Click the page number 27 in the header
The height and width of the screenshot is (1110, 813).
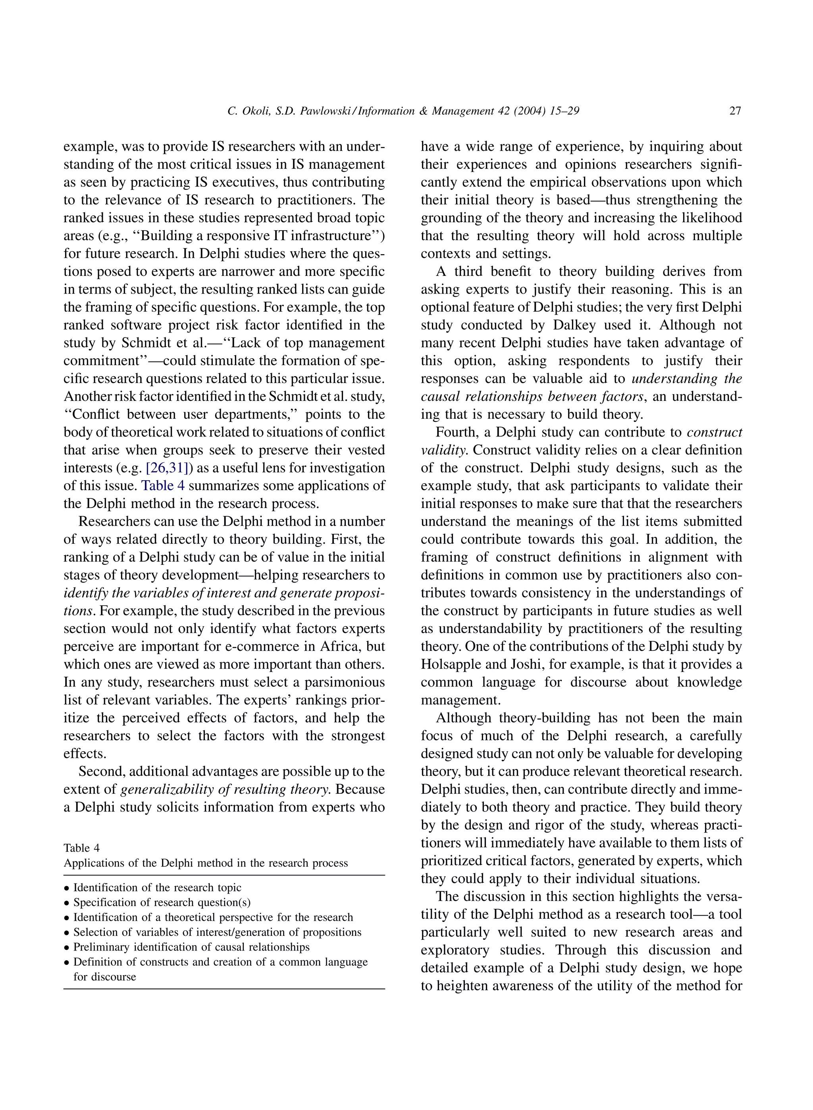pyautogui.click(x=735, y=111)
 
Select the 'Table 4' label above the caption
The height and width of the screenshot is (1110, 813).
pyautogui.click(x=82, y=848)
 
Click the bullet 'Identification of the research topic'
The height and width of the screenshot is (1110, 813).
pyautogui.click(x=157, y=888)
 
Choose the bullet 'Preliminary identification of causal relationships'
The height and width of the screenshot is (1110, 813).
pyautogui.click(x=191, y=947)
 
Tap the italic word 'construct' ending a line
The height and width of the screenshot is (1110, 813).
pyautogui.click(x=714, y=433)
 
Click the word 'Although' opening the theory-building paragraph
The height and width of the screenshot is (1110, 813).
pyautogui.click(x=463, y=718)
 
